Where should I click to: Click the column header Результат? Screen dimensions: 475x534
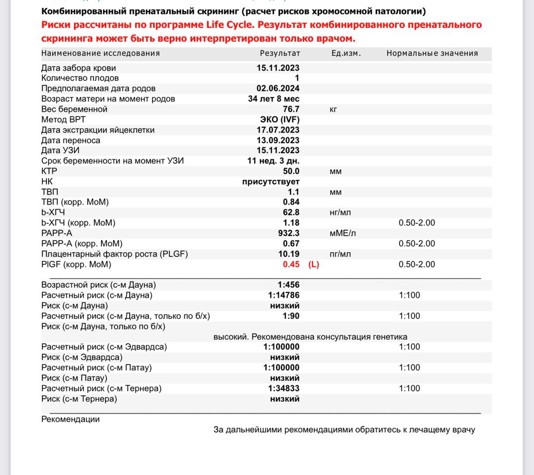(x=280, y=53)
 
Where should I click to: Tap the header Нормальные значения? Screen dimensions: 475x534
(x=432, y=53)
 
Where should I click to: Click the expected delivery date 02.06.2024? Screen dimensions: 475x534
(x=278, y=88)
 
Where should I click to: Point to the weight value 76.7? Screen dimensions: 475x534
(x=291, y=109)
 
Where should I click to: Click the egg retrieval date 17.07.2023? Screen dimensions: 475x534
(x=278, y=130)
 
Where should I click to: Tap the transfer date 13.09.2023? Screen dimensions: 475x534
(x=278, y=140)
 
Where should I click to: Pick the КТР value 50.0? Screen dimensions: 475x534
(x=291, y=171)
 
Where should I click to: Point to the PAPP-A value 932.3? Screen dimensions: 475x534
(x=289, y=233)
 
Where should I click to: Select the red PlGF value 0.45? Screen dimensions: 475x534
(x=291, y=264)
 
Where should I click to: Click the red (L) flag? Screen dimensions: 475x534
(x=313, y=264)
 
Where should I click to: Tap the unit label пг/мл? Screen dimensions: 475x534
(x=340, y=254)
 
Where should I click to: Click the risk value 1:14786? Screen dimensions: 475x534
(x=284, y=295)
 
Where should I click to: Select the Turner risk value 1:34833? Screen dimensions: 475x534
(x=284, y=388)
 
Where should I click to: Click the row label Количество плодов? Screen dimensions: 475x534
(x=80, y=78)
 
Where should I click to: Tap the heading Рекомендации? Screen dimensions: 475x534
(x=70, y=419)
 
